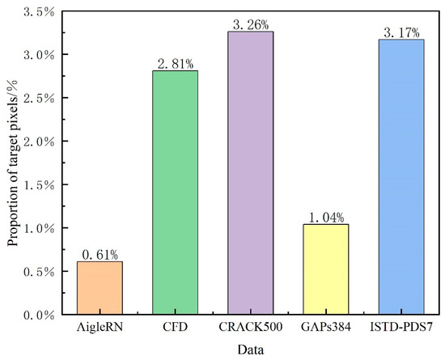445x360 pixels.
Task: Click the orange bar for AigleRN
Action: pos(100,288)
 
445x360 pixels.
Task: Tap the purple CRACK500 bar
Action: pos(251,173)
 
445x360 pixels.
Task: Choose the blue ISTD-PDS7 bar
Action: pos(402,177)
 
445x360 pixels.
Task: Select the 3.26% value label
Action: pos(251,25)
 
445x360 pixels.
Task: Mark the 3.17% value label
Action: pos(402,33)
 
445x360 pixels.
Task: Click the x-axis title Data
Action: pos(251,349)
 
